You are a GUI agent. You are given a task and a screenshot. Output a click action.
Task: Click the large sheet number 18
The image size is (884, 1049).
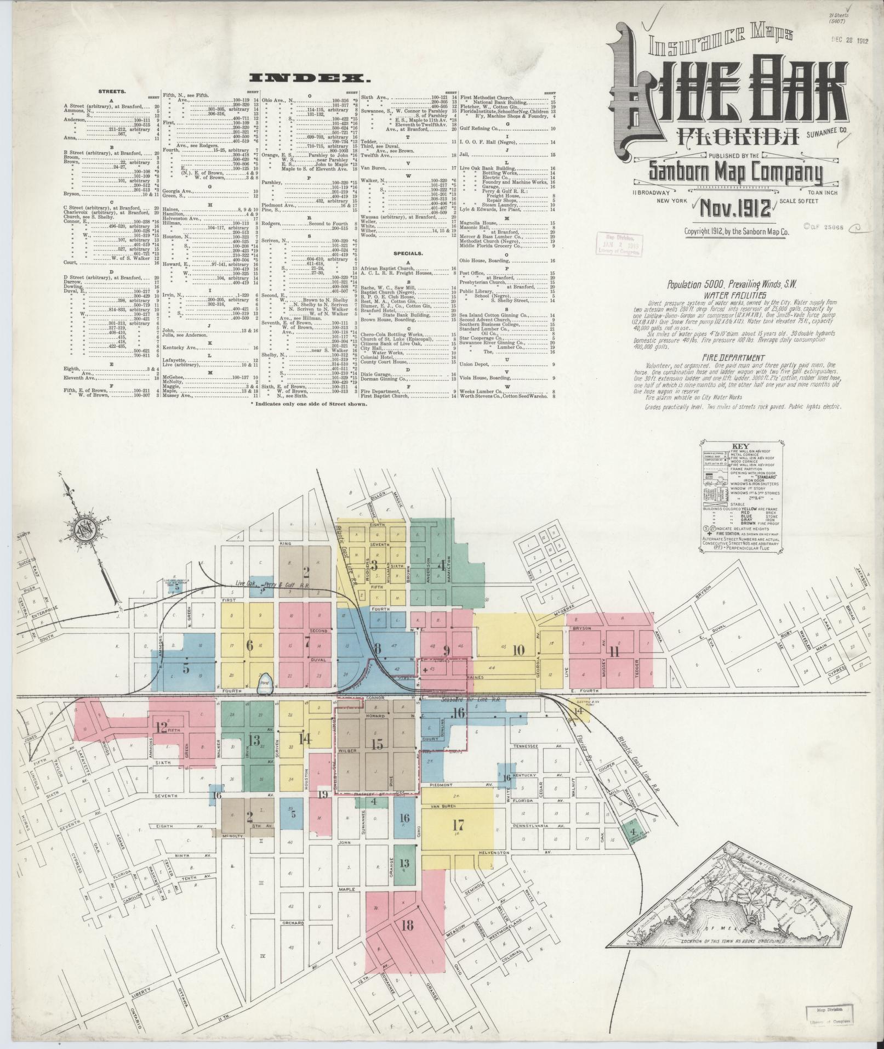pos(407,926)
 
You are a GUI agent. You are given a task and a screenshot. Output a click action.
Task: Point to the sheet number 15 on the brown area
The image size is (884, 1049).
pos(377,744)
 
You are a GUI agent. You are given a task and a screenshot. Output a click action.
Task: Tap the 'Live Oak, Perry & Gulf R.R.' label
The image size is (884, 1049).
pos(265,585)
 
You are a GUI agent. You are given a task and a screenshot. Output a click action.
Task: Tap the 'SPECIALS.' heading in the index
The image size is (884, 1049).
pos(408,254)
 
